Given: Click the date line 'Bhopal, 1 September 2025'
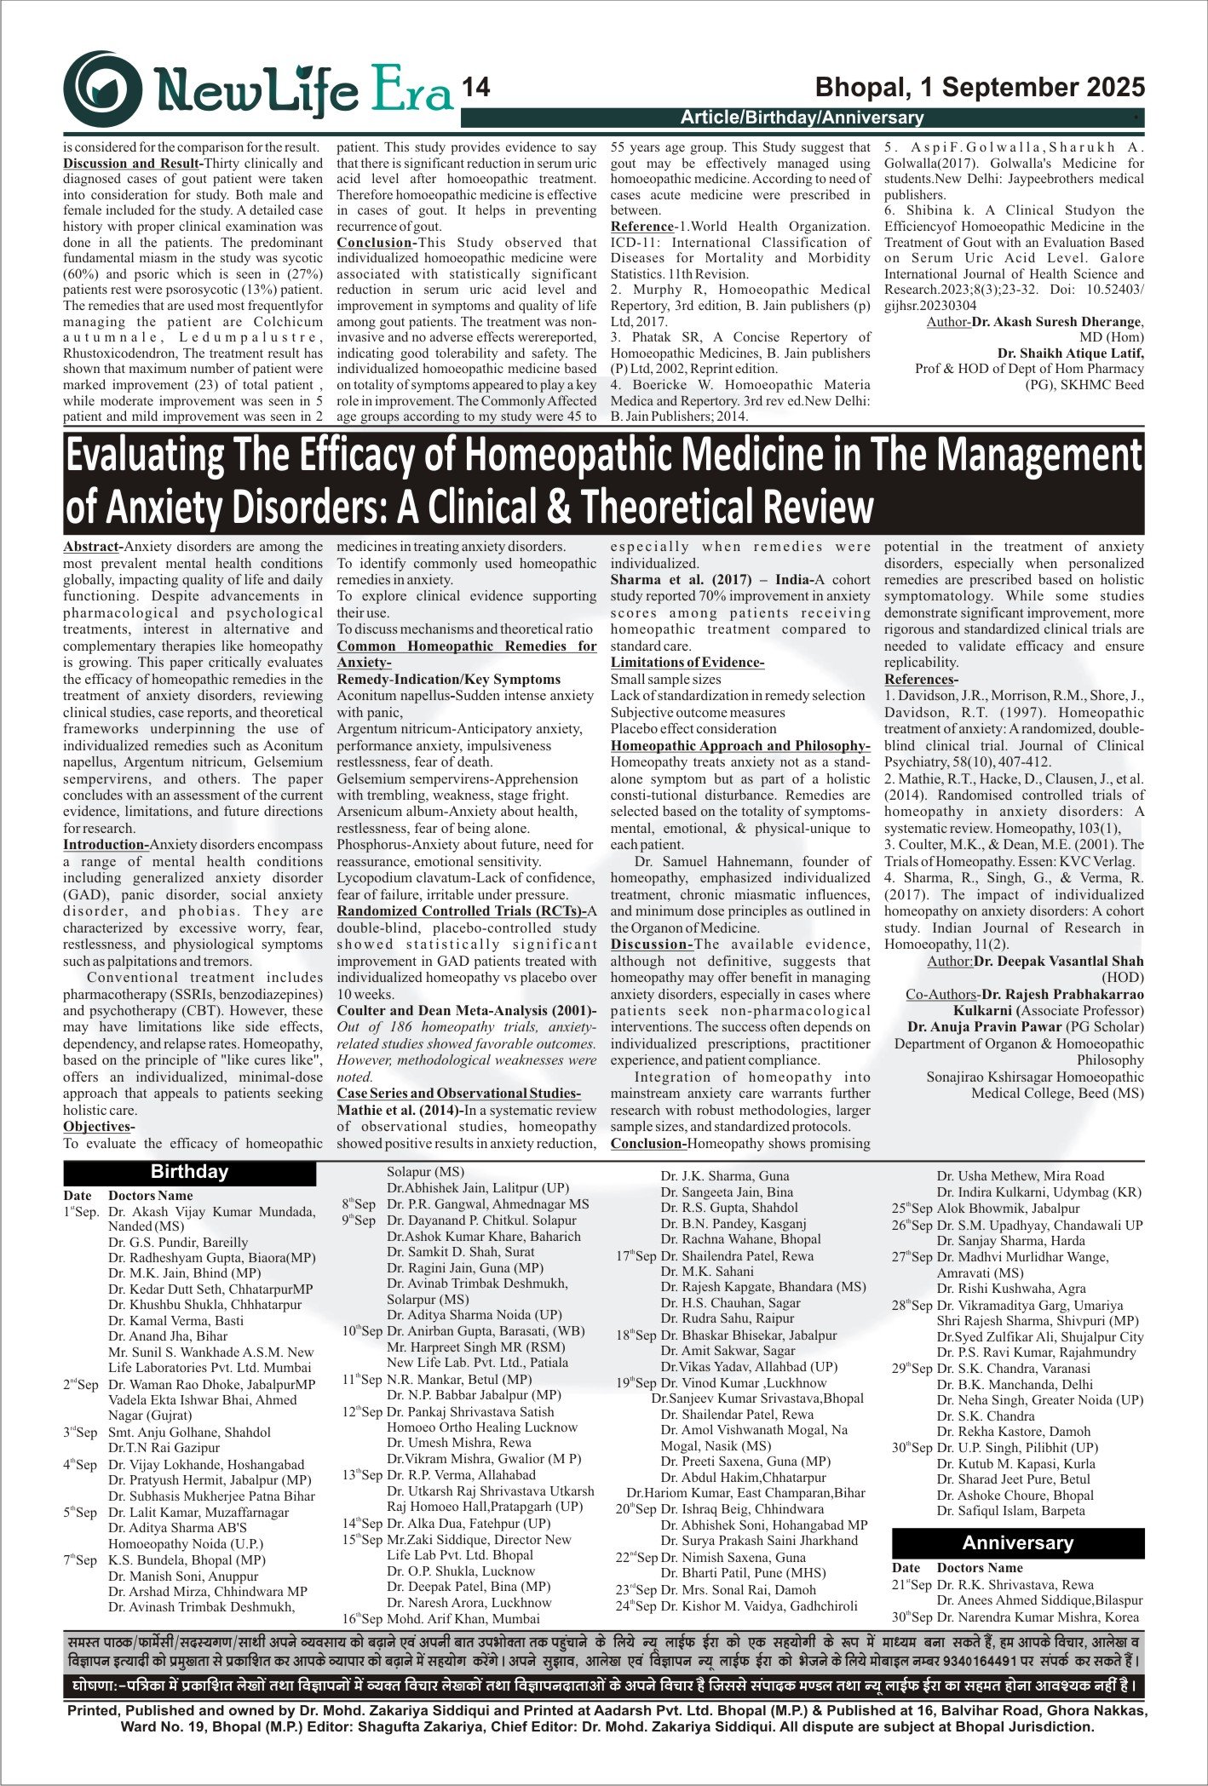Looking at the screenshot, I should pos(980,88).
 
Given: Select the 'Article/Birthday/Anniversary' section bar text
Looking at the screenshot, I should pos(802,118).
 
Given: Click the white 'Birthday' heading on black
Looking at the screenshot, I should pos(189,1172).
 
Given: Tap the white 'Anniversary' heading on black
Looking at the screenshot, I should pos(1017,1543).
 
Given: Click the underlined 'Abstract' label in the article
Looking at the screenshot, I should pos(91,547).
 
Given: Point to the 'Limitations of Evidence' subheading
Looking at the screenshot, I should pos(687,663).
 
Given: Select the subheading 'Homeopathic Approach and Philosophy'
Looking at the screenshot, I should pos(739,745).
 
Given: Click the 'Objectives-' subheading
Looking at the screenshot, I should pos(97,1127).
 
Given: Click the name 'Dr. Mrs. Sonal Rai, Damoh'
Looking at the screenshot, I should pos(738,1590).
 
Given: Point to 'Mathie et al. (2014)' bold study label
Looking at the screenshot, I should pos(399,1110).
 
